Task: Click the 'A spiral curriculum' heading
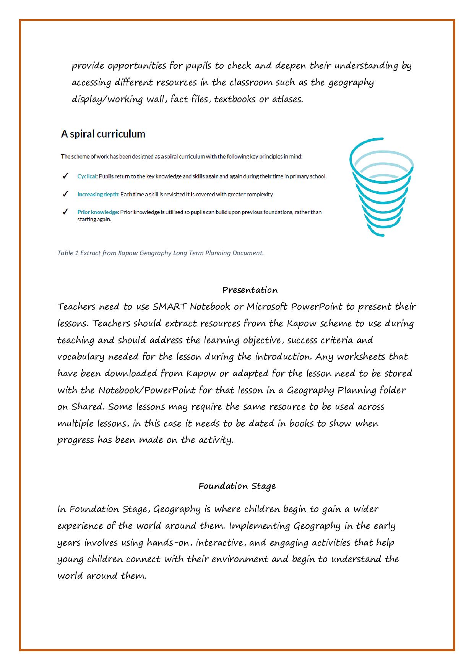[x=103, y=134]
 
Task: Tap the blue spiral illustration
[x=381, y=187]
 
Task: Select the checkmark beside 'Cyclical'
[x=66, y=176]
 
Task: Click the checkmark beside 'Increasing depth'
[x=66, y=194]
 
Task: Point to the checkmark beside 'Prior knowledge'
[x=66, y=212]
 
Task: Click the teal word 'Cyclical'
[x=87, y=176]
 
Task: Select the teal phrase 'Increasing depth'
[x=98, y=194]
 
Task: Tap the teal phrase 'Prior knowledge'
[x=97, y=212]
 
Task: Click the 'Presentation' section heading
[x=250, y=290]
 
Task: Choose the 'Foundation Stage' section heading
[x=237, y=486]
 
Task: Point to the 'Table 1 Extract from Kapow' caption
[x=161, y=253]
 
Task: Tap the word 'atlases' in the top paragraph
[x=287, y=99]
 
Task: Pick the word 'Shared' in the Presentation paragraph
[x=88, y=407]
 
